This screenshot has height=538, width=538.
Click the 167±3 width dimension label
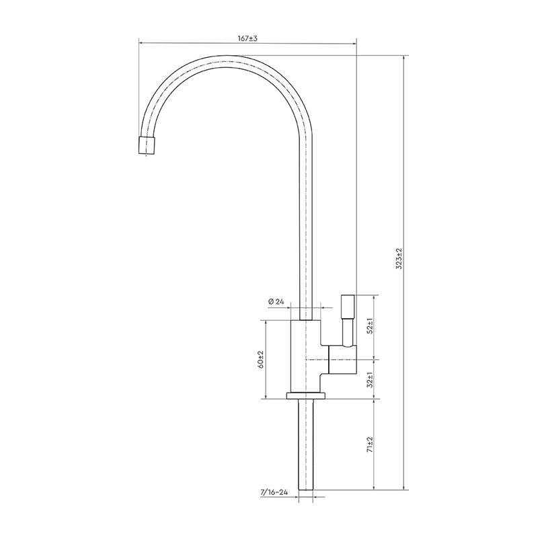[x=247, y=38]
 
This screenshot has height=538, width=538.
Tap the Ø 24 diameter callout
[x=276, y=302]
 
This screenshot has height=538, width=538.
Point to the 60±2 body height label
[x=261, y=360]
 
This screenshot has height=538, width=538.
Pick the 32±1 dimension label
[x=369, y=379]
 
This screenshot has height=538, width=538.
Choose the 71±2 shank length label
[x=369, y=445]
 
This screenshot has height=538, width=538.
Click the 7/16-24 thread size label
[x=274, y=492]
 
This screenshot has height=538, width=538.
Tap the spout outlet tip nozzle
[x=147, y=145]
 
